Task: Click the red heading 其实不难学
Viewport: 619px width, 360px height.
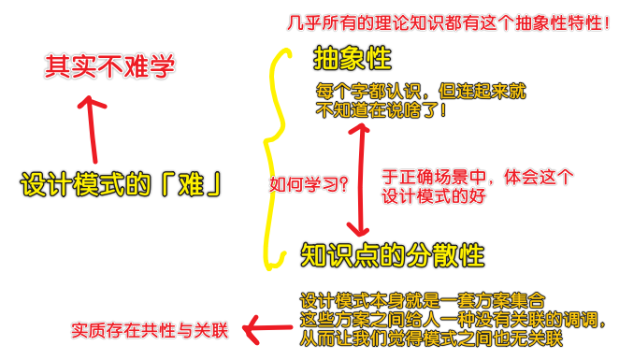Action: [x=110, y=66]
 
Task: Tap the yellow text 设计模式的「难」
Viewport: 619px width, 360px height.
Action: [x=122, y=184]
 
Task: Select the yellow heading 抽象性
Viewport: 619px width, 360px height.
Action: [x=352, y=60]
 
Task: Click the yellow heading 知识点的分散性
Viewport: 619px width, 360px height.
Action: [x=393, y=253]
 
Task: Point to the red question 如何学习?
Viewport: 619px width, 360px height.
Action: [x=309, y=185]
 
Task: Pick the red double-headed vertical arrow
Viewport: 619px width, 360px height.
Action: [x=355, y=178]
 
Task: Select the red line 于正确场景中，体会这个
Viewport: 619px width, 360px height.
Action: [x=478, y=175]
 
